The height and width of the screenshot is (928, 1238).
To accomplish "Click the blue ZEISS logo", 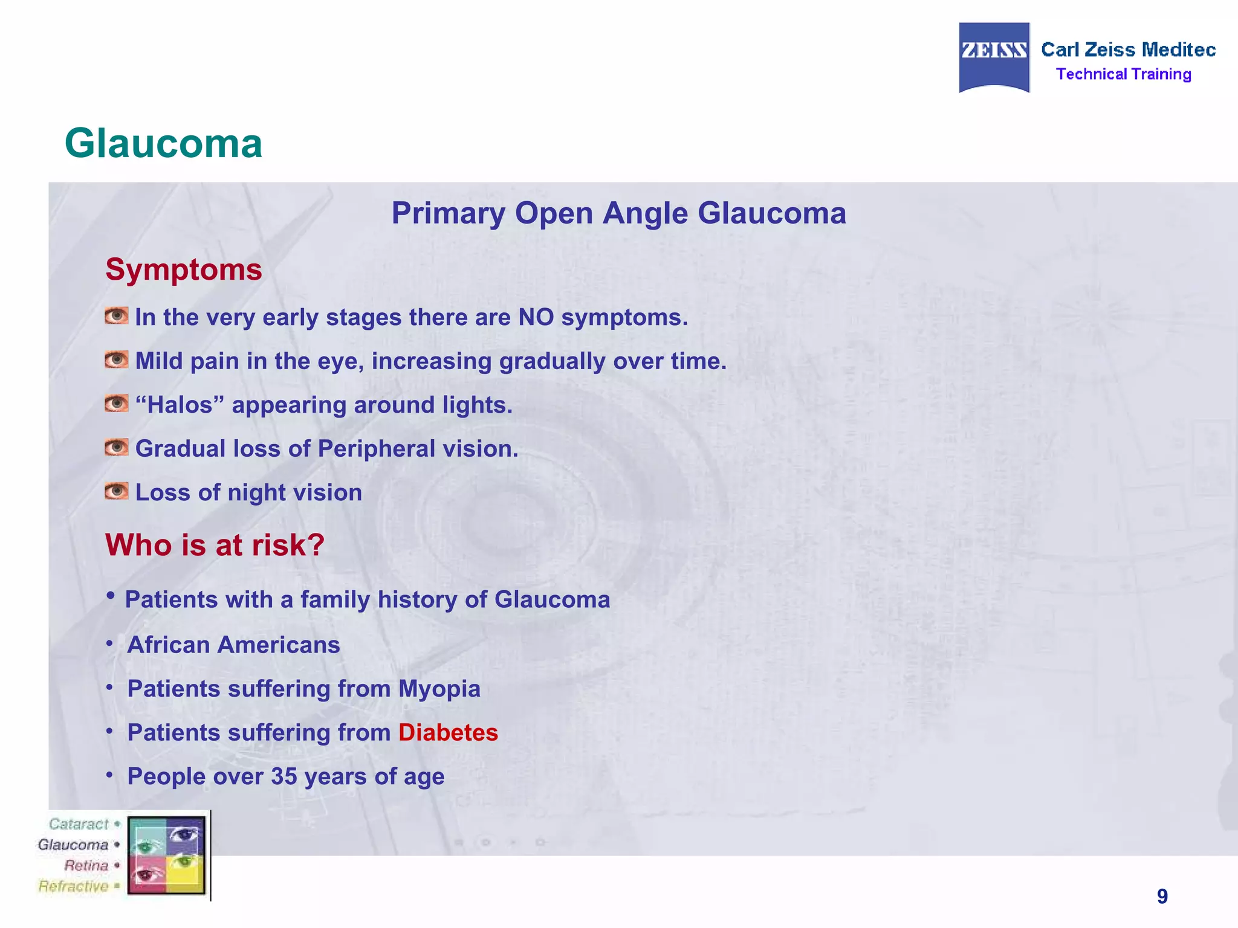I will (994, 57).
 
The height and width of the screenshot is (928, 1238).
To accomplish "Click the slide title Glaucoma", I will (163, 144).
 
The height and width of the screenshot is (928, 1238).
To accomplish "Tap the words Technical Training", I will (1123, 74).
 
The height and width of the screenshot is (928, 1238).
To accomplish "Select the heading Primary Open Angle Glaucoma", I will (618, 213).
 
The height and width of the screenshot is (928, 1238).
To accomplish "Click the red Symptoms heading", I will (184, 269).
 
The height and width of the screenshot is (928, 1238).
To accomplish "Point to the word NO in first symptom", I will (536, 317).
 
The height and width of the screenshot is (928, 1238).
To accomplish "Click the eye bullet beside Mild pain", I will (116, 360).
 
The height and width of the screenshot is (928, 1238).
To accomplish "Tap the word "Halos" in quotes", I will (180, 405).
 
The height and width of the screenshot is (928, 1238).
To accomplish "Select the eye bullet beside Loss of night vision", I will (116, 491).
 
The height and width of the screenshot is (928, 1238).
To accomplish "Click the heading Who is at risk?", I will (215, 545).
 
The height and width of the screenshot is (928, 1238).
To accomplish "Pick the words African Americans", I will (233, 645).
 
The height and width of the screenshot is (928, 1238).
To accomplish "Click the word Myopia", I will (439, 689).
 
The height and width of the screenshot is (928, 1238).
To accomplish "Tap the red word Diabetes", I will (448, 733).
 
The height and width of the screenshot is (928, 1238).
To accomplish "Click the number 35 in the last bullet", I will (284, 777).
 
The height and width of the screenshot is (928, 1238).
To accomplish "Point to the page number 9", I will (1162, 897).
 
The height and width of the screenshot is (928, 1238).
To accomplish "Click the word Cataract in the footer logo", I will (79, 824).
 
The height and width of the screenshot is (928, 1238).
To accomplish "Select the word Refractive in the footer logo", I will (73, 886).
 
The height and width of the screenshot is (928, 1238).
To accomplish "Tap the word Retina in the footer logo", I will (86, 866).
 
